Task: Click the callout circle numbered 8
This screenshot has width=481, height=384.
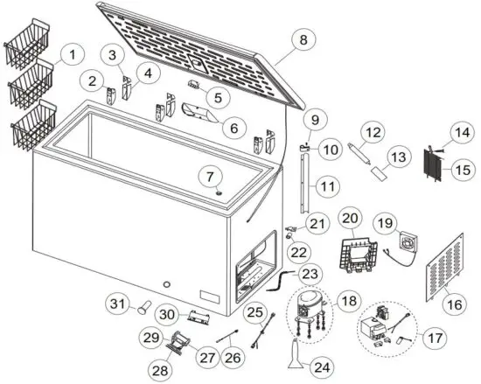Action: [303, 39]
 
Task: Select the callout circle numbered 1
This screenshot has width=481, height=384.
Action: [73, 54]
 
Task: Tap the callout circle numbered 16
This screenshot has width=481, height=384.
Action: [451, 304]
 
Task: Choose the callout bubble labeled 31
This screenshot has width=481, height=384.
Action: [117, 303]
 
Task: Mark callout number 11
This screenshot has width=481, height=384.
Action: [328, 187]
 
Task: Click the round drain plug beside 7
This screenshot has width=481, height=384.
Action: [215, 193]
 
